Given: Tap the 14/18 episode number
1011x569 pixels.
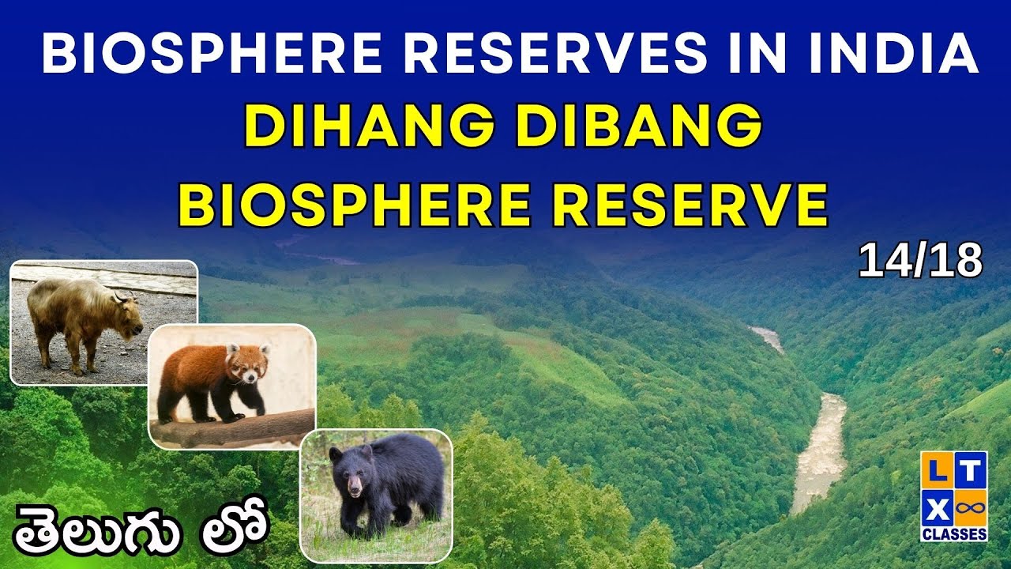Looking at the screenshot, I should tap(920, 262).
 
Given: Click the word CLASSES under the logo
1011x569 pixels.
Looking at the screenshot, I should tap(954, 534).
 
